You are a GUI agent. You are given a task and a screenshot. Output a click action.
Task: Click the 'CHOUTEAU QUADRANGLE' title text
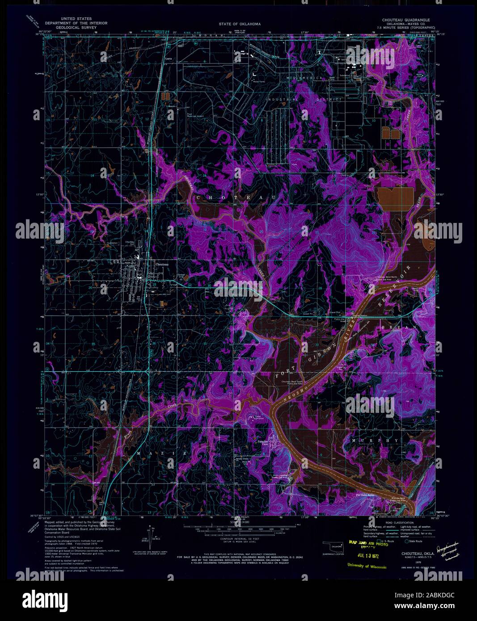pos(405,20)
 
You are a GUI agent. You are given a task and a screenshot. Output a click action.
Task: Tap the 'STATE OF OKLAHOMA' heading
pos(240,24)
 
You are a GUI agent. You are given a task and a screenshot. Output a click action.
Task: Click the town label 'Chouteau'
pos(161,264)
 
